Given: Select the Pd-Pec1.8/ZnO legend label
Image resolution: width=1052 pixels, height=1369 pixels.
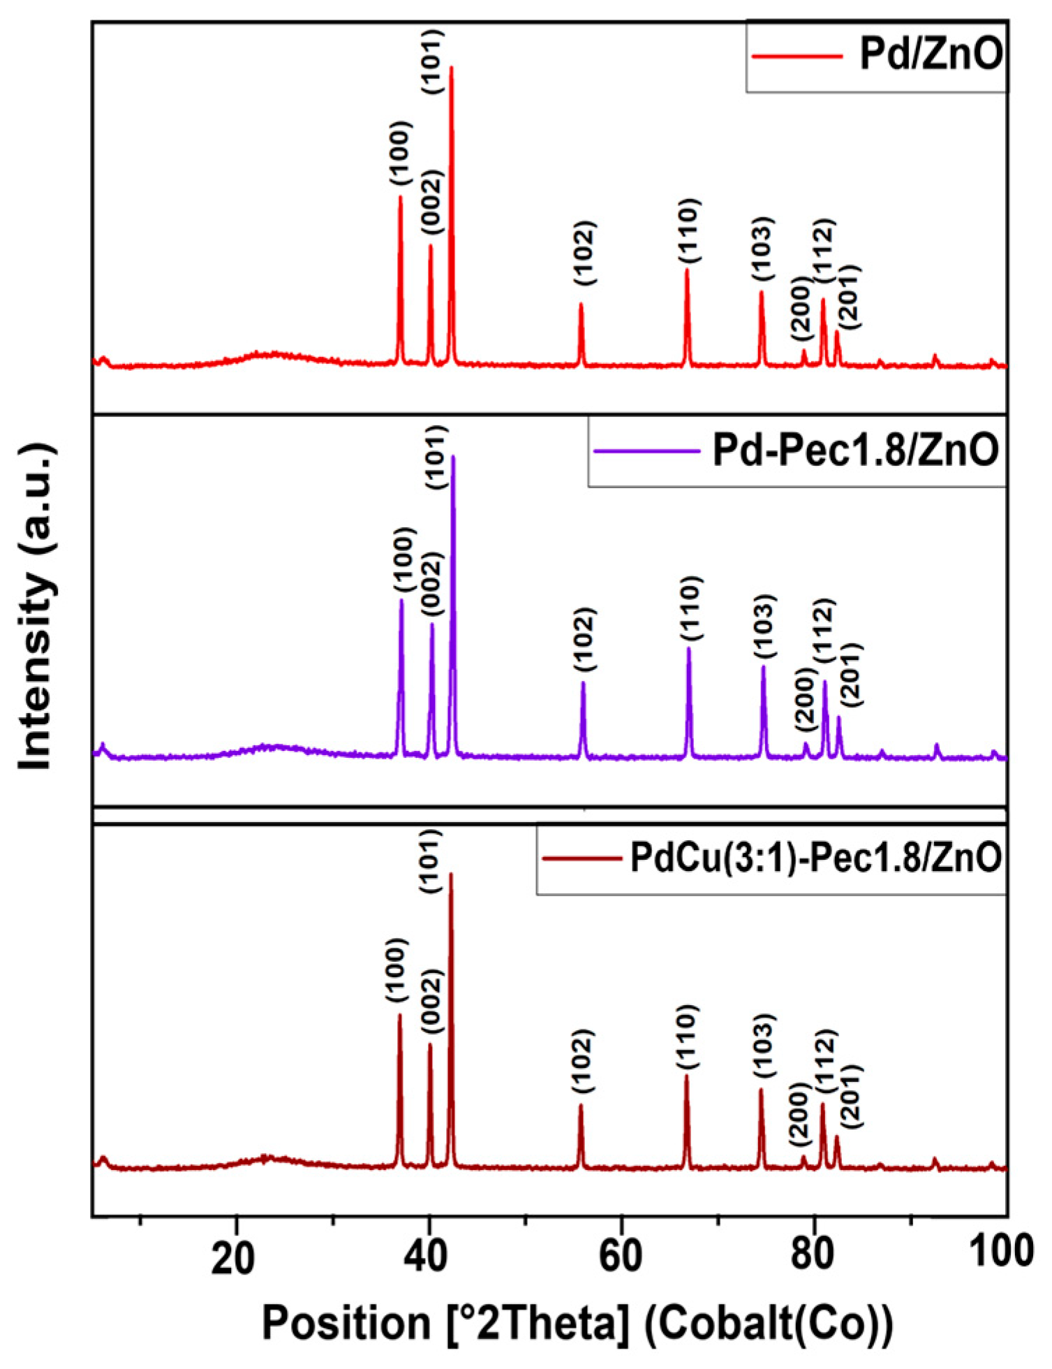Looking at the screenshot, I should point(855,451).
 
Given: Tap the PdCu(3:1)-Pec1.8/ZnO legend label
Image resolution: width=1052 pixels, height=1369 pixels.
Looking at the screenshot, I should point(815,858).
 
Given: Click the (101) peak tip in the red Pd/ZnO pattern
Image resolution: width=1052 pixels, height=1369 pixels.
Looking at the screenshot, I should point(451,68).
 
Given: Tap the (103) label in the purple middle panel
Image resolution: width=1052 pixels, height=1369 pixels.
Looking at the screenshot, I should point(764,627).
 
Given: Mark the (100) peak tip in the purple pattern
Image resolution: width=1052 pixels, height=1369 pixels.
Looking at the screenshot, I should point(401,601).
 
